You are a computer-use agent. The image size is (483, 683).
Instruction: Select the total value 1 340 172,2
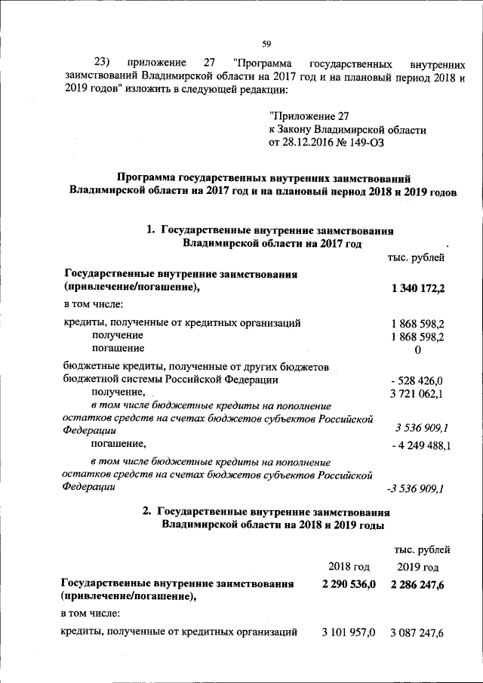point(419,288)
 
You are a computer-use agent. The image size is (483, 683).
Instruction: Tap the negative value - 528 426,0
point(417,380)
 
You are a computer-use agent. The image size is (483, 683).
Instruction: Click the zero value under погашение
point(417,350)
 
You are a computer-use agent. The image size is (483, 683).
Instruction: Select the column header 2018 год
point(349,566)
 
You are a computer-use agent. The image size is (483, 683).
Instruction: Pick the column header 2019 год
point(417,566)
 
